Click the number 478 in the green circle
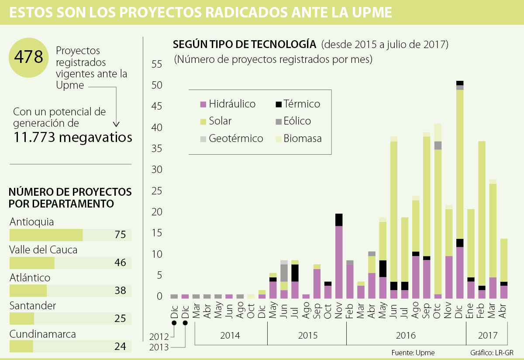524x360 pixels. click(x=29, y=57)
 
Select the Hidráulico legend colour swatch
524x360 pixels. click(x=203, y=104)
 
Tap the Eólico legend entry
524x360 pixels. click(x=297, y=121)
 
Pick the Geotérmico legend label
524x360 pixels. click(x=236, y=139)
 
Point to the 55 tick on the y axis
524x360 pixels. click(x=156, y=65)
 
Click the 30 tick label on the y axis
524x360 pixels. click(x=156, y=170)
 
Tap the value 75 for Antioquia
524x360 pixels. click(x=121, y=235)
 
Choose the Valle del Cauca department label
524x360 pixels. click(x=43, y=250)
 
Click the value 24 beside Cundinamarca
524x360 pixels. click(x=121, y=347)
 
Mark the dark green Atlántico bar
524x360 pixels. click(x=28, y=291)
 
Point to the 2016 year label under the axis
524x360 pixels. click(x=406, y=336)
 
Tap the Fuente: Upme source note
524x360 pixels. click(x=414, y=353)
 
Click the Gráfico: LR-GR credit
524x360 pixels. click(x=492, y=353)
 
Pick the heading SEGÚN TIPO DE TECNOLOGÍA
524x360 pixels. click(x=245, y=45)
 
